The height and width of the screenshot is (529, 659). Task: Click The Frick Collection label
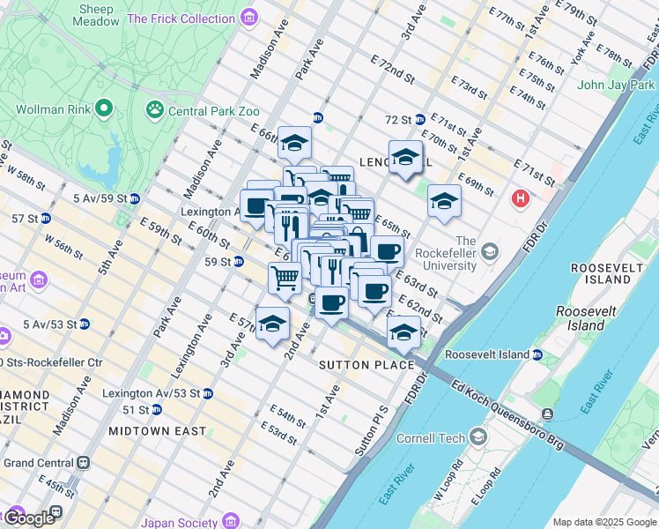181,18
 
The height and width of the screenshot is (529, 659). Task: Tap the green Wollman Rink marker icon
104,108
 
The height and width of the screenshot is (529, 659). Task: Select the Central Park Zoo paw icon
155,109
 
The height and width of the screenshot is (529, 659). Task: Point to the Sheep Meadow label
96,15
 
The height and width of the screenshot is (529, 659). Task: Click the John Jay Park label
612,86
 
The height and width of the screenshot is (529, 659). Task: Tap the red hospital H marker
521,199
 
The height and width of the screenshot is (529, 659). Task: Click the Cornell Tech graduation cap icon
478,437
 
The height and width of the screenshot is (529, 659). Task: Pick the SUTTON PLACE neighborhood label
367,365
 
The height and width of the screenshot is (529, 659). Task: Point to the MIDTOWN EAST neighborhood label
157,431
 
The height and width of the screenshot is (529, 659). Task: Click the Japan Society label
182,523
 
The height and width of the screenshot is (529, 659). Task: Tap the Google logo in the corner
30,518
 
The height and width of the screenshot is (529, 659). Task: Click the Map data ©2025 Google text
603,522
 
